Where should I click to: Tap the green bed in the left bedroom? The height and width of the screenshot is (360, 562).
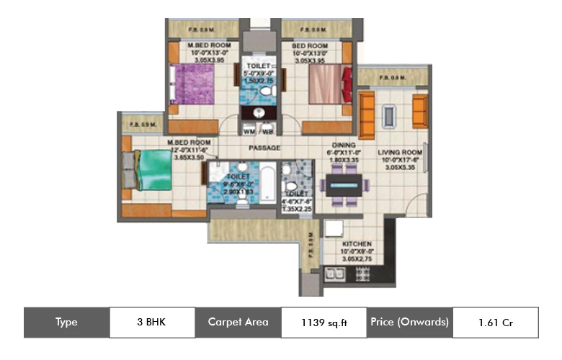tap(152, 170)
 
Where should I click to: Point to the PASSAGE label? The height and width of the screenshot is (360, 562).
tap(264, 148)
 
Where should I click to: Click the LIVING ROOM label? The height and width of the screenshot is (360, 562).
tap(400, 153)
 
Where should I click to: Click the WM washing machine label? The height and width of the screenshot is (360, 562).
tap(249, 132)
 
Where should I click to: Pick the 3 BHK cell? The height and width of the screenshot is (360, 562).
tap(152, 322)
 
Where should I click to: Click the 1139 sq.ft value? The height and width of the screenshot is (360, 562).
tap(324, 323)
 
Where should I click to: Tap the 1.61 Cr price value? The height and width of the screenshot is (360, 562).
tap(495, 323)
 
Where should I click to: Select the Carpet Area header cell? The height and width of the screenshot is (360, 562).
tap(238, 322)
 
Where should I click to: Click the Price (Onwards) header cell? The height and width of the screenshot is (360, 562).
tap(410, 322)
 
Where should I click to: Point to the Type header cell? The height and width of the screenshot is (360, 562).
tap(66, 322)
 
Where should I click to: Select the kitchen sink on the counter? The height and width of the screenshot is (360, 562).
tap(334, 274)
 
